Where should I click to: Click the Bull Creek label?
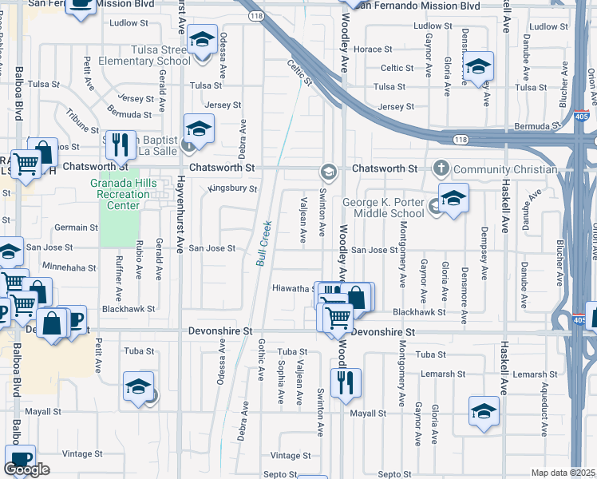(x=263, y=243)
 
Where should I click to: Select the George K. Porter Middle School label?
(x=383, y=208)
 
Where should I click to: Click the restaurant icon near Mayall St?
(x=346, y=381)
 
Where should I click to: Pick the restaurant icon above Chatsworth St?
(x=121, y=144)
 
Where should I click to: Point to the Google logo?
(x=26, y=469)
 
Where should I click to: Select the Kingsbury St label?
(x=233, y=189)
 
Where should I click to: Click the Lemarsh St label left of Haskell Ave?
(x=445, y=374)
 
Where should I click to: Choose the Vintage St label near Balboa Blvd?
(x=78, y=453)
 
